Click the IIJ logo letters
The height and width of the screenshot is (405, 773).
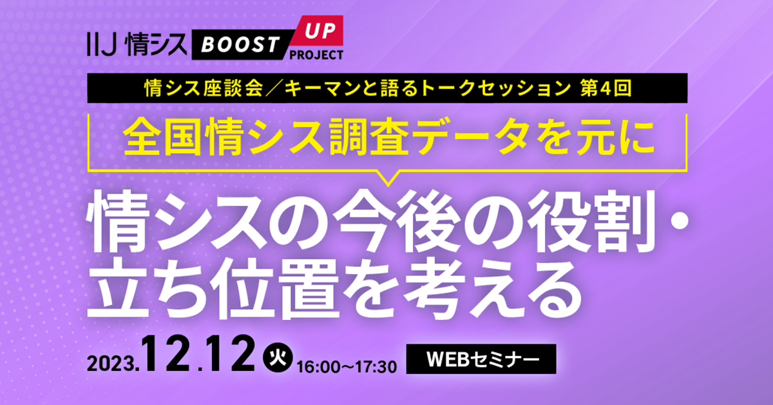[102, 44]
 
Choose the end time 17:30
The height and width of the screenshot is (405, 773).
[376, 368]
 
